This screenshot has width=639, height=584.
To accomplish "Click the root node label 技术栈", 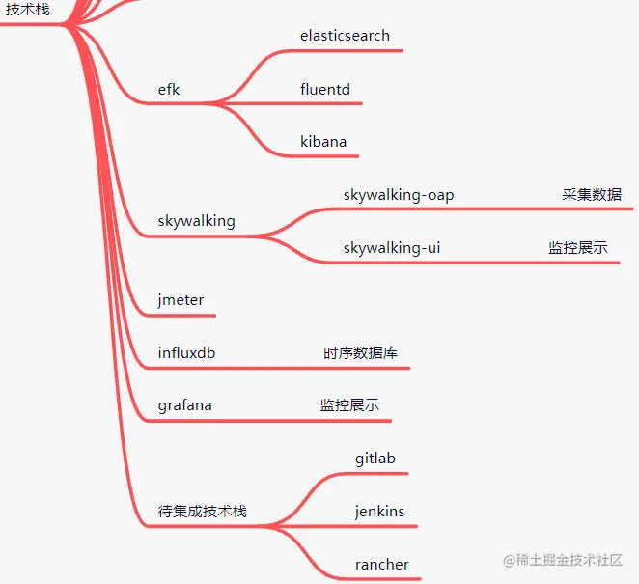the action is click(x=27, y=10).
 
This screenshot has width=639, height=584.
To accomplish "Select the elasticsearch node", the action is click(x=345, y=36).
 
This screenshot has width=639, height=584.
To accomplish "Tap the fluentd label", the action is click(x=324, y=90).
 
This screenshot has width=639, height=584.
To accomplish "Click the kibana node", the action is click(x=322, y=142).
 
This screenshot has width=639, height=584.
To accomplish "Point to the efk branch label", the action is click(x=169, y=90).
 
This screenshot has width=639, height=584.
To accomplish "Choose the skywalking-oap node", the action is click(x=398, y=195).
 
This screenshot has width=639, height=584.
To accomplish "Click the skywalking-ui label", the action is click(x=392, y=248).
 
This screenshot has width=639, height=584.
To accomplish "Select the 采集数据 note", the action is click(x=592, y=195).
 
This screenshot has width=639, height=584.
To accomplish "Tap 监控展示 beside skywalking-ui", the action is click(x=578, y=248).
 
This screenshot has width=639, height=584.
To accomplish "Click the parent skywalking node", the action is click(x=196, y=221).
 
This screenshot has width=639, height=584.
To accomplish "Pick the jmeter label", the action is click(x=181, y=300).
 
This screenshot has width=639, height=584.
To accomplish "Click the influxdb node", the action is click(x=186, y=353).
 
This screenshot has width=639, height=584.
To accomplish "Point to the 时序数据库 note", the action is click(x=360, y=353).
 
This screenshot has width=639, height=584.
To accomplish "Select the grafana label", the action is click(x=184, y=405).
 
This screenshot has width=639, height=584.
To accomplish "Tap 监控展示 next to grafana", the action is click(x=349, y=405).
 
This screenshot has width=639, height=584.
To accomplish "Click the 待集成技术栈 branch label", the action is click(x=202, y=512).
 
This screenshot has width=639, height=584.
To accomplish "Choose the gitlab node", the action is click(x=375, y=459).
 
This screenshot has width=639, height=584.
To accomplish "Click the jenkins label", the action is click(x=379, y=512).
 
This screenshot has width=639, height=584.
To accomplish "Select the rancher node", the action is click(x=381, y=565).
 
